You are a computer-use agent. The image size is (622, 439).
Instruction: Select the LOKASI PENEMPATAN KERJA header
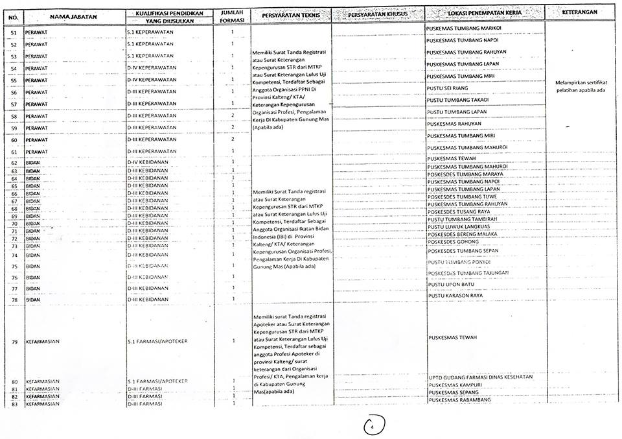pyautogui.click(x=485, y=13)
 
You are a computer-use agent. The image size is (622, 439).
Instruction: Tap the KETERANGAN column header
pyautogui.click(x=579, y=12)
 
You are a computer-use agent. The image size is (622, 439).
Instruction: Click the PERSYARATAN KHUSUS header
pyautogui.click(x=378, y=14)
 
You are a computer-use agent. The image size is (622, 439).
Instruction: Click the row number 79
pyautogui.click(x=14, y=341)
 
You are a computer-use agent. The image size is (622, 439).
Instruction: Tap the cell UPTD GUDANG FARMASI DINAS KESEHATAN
pyautogui.click(x=481, y=377)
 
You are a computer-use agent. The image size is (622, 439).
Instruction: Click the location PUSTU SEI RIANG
pyautogui.click(x=448, y=88)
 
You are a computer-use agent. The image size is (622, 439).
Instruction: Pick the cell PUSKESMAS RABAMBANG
pyautogui.click(x=460, y=399)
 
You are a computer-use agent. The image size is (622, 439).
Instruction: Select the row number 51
pyautogui.click(x=14, y=32)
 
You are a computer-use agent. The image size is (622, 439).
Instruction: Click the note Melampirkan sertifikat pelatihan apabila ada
pyautogui.click(x=581, y=86)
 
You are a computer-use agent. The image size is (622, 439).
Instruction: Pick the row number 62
pyautogui.click(x=14, y=163)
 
